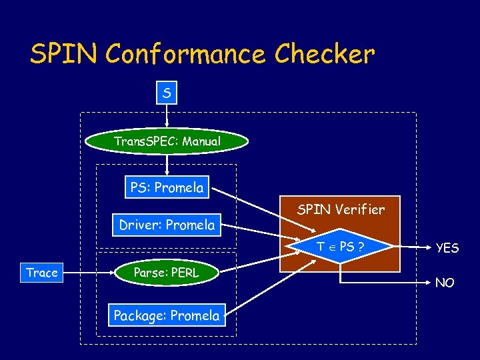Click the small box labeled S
point(167,93)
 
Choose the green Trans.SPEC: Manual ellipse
point(167,141)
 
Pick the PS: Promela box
point(167,187)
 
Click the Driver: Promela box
point(167,225)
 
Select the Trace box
point(41,273)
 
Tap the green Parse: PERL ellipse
point(167,272)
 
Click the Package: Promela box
point(167,315)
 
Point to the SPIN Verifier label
point(341,209)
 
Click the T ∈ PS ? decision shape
point(340,247)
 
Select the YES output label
point(447,248)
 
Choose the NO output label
point(445,283)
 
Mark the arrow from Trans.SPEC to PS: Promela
point(167,165)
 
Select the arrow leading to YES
point(407,247)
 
